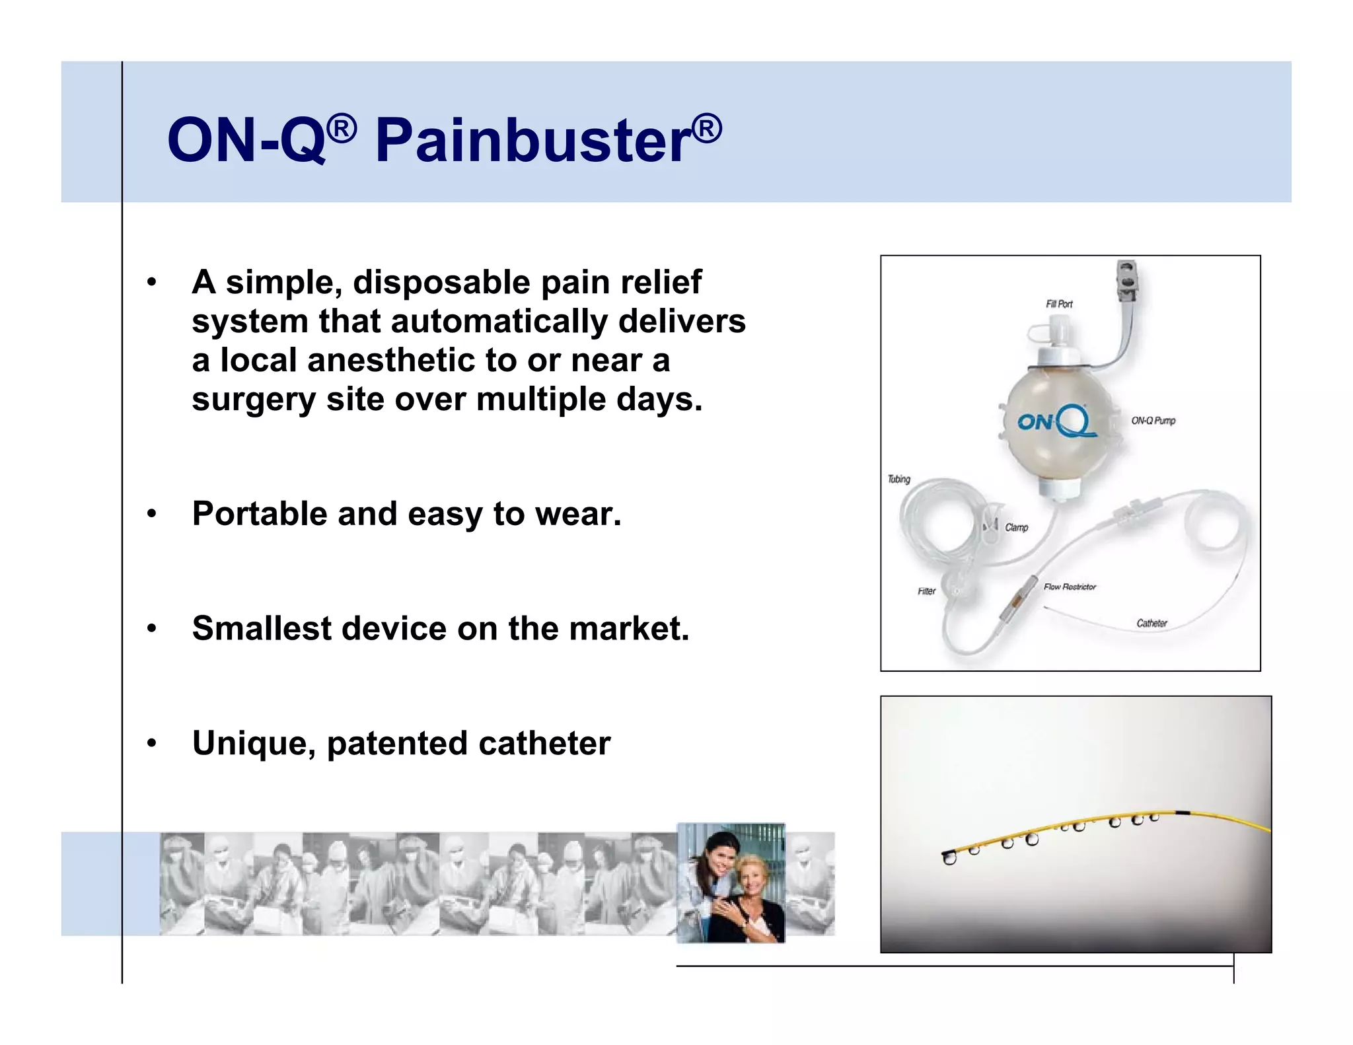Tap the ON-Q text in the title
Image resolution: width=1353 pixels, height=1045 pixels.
point(246,140)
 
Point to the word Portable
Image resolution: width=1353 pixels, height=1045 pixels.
point(260,514)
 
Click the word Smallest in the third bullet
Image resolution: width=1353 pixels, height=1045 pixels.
point(262,628)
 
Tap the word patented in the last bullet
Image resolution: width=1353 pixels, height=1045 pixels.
point(397,743)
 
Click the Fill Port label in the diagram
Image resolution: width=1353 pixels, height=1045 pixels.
point(1059,304)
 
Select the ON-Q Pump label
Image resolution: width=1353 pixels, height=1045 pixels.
point(1153,421)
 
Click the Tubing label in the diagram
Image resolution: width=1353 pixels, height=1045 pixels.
point(898,479)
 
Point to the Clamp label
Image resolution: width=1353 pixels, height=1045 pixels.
point(1016,527)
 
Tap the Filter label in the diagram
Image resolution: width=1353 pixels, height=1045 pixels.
point(926,591)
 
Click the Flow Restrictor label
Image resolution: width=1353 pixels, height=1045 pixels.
point(1070,587)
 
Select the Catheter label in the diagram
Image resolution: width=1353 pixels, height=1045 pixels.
point(1152,623)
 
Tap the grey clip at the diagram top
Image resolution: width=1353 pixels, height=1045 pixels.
point(1127,279)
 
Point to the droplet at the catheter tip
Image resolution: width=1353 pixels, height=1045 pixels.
point(950,858)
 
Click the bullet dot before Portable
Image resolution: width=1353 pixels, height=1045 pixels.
point(152,513)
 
